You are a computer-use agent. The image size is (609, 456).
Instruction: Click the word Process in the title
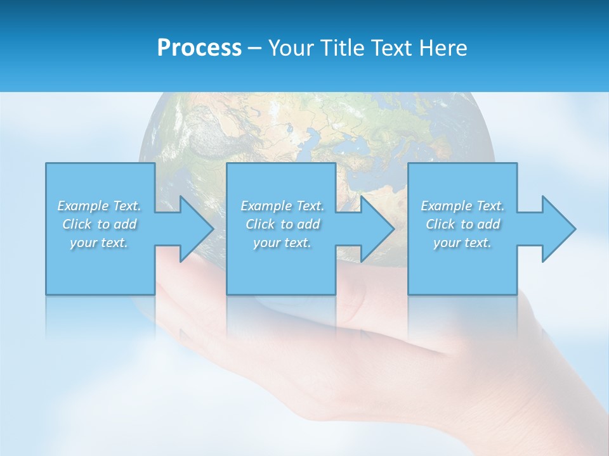[199, 48]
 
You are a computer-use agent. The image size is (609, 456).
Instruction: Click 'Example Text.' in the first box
[99, 206]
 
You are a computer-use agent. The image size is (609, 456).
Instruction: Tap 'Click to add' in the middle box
[282, 224]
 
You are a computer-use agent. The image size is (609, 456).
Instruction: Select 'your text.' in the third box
[462, 243]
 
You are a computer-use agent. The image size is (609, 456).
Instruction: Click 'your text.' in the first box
[99, 243]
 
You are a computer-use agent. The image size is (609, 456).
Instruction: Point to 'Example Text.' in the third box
[462, 206]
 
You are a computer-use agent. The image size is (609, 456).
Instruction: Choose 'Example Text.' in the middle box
[282, 206]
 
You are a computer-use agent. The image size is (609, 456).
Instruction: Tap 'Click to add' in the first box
[99, 224]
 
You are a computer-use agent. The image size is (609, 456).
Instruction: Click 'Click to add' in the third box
[462, 224]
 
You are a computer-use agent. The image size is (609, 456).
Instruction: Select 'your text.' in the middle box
[282, 243]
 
